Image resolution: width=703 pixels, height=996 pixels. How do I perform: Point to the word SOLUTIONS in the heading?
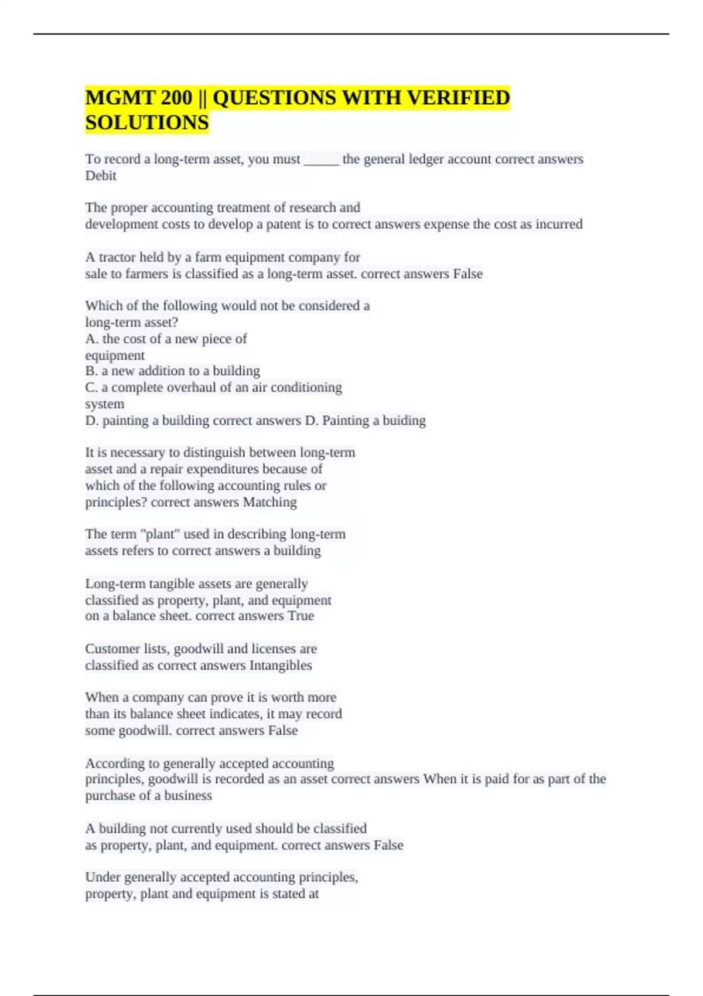(x=147, y=122)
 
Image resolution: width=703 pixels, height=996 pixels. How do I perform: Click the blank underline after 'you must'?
(x=321, y=159)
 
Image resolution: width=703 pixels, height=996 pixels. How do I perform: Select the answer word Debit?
(x=101, y=176)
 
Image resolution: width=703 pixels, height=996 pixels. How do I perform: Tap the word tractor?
(x=117, y=257)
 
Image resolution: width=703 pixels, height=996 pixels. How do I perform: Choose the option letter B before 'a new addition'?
(x=90, y=371)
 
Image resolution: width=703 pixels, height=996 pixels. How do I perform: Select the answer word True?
(x=301, y=616)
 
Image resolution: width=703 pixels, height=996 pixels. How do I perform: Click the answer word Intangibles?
(x=281, y=666)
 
